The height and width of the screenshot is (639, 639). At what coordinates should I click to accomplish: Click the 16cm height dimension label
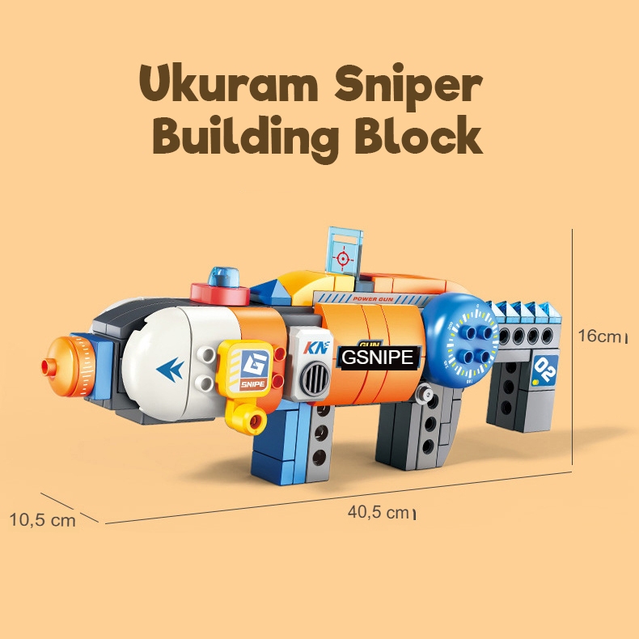tap(602, 336)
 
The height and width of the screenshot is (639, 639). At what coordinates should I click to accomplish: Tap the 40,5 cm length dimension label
tap(379, 512)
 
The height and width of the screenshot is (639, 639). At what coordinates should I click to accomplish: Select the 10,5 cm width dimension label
tap(42, 519)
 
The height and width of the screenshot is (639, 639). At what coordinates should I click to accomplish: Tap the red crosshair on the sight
tap(343, 259)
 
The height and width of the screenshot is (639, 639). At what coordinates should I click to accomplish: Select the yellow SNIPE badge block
tap(245, 368)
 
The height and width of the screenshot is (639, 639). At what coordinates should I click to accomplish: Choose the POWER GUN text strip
tap(373, 299)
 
